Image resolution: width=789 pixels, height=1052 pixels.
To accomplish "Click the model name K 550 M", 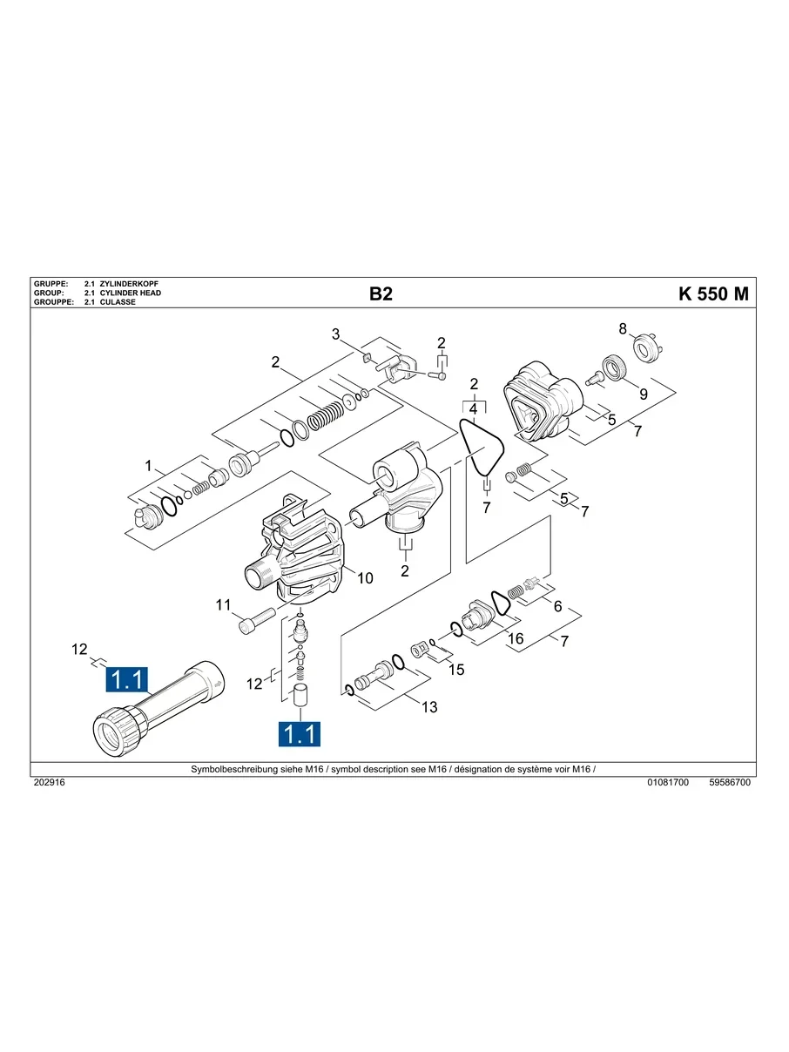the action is [x=713, y=293].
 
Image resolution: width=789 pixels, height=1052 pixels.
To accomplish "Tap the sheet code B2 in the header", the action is [x=381, y=293].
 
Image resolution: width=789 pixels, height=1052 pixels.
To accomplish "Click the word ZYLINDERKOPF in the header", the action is [x=129, y=284].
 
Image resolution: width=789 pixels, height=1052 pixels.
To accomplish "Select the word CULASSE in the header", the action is [x=118, y=302].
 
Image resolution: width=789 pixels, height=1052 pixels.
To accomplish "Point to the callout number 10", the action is [x=365, y=578].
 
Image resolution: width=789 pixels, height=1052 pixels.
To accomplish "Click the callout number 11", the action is [x=223, y=605].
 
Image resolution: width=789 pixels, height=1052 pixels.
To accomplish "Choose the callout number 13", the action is [x=429, y=707].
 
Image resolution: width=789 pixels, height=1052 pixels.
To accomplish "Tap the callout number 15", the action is [x=456, y=670].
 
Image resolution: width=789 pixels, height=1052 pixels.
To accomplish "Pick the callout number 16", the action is [x=516, y=638].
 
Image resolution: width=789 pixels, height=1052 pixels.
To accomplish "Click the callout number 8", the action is [x=623, y=329].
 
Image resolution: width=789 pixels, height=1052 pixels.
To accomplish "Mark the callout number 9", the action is [x=644, y=394].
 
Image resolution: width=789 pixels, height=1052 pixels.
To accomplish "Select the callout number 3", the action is [x=336, y=334].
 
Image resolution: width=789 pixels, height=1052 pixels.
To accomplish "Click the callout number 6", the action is [x=557, y=606].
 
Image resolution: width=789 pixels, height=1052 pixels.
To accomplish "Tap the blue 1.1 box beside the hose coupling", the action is [x=127, y=679].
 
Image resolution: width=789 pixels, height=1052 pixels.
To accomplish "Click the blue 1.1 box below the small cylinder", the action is [x=300, y=734].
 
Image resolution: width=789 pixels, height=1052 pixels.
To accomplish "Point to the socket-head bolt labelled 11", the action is [x=257, y=620].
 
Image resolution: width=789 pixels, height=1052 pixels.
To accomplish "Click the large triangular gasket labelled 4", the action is [x=482, y=447].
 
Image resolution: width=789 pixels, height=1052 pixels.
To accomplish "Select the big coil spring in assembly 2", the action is [x=326, y=415].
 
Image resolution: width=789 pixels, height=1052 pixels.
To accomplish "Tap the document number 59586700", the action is [x=730, y=782].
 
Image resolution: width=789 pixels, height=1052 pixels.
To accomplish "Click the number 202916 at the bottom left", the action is [x=50, y=782].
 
